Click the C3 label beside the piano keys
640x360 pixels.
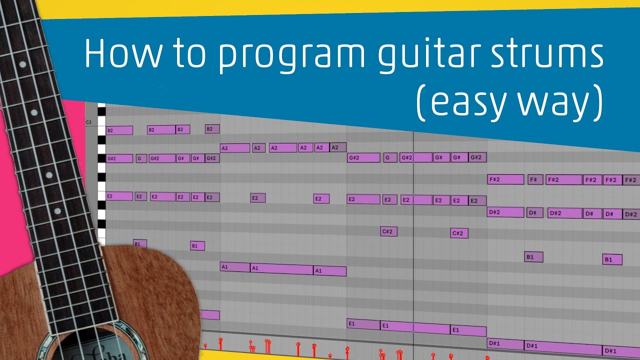click(88, 122)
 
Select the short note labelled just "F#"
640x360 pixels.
click(535, 179)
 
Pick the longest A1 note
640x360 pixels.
click(281, 269)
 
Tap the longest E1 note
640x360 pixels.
click(415, 327)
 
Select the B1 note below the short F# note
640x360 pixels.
click(533, 257)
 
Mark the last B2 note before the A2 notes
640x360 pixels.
click(212, 129)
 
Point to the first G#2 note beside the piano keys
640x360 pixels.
click(119, 158)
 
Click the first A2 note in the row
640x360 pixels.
click(234, 148)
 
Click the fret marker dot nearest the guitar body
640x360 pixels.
click(49, 174)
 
